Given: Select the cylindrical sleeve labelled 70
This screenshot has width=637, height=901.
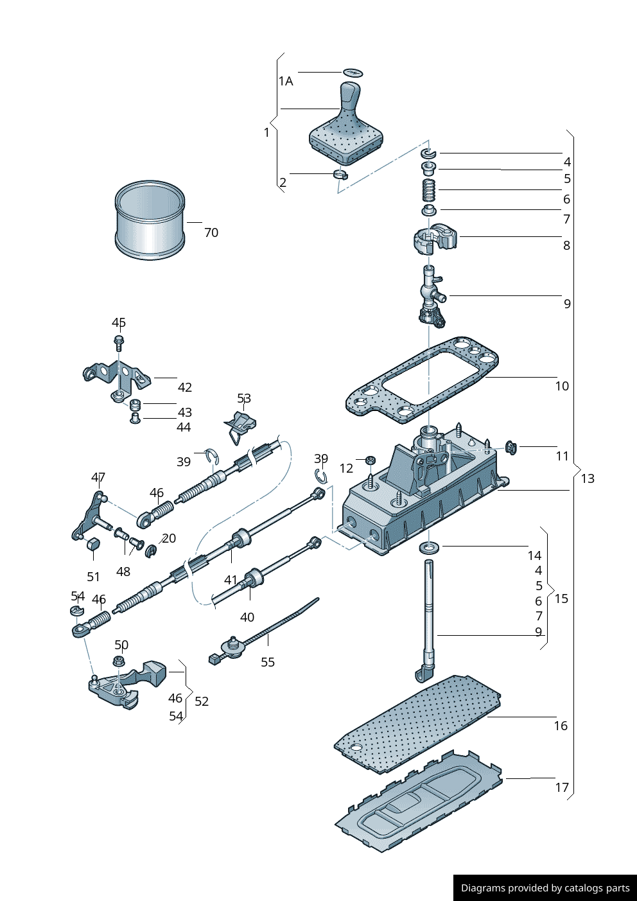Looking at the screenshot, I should (150, 220).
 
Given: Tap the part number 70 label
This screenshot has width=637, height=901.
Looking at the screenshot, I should (211, 232).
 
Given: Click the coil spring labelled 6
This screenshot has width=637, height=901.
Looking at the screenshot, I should (428, 190).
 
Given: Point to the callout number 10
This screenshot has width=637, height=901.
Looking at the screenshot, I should (562, 386).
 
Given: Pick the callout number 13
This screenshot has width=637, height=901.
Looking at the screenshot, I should (588, 478).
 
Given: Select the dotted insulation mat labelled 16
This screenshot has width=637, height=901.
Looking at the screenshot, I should (417, 722).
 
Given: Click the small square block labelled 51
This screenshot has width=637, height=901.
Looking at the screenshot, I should (93, 545).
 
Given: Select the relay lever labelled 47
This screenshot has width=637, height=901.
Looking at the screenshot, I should (89, 517).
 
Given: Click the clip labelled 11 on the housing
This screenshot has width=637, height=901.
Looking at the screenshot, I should (511, 447).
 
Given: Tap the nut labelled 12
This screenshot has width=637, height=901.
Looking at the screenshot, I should (370, 460).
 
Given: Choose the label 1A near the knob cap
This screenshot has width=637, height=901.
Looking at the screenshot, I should (286, 81).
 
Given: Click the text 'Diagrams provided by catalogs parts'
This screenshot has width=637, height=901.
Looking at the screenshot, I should (545, 888).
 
